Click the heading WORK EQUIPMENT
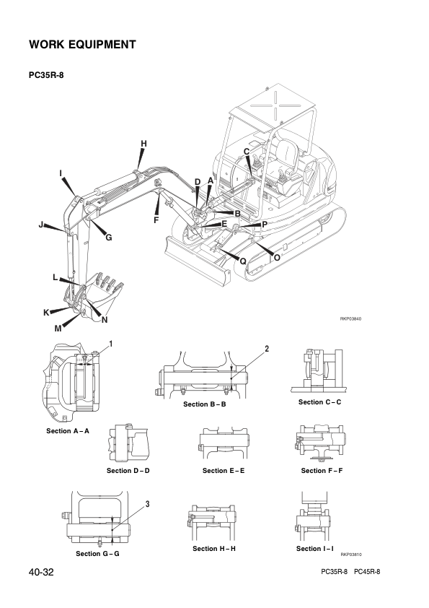point(82,45)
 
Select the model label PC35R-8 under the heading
point(46,75)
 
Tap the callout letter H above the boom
point(143,144)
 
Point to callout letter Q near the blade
point(243,261)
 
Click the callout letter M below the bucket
point(58,329)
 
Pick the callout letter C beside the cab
point(247,152)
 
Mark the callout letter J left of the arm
point(40,225)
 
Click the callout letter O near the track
point(277,258)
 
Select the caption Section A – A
point(68,431)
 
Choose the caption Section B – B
point(205,404)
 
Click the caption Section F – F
point(322,471)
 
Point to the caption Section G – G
point(97,554)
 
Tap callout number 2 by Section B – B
point(267,349)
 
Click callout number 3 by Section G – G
point(148,504)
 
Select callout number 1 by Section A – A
point(111,344)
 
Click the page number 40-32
point(41,572)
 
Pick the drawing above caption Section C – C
point(319,371)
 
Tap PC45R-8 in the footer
point(367,572)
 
